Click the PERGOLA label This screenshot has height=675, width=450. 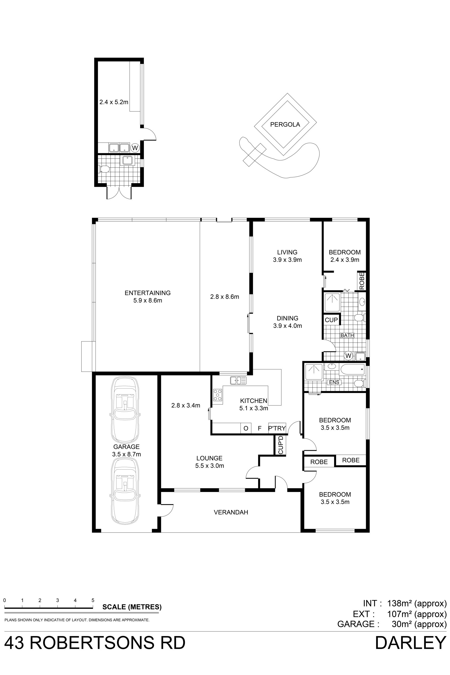click(x=285, y=124)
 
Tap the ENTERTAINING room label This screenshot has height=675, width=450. click(x=147, y=293)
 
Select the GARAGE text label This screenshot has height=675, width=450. click(x=126, y=446)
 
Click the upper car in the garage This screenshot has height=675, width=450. click(x=125, y=409)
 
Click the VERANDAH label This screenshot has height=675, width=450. click(x=231, y=512)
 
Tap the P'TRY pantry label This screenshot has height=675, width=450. click(x=277, y=428)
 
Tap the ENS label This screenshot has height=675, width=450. click(x=334, y=382)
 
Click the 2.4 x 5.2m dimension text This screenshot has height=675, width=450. click(x=114, y=102)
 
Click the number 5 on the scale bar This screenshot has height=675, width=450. click(x=93, y=600)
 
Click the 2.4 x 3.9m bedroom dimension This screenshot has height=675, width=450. click(x=345, y=260)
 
